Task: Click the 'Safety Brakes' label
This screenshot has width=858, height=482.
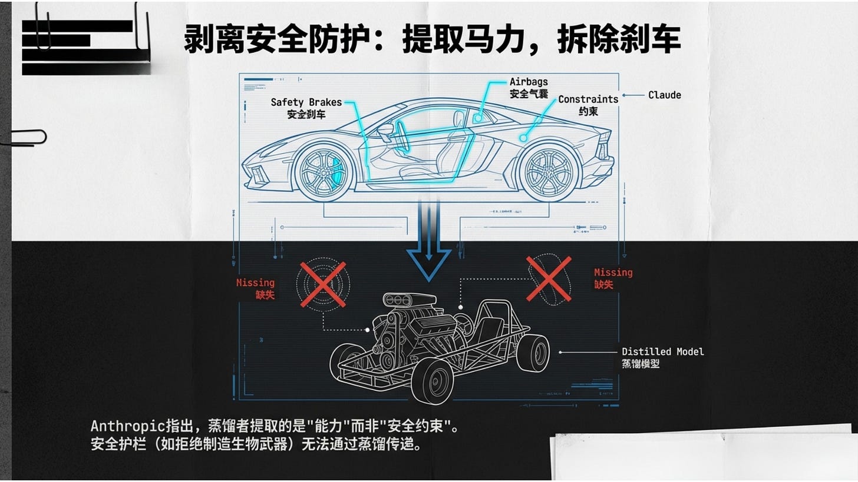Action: (x=306, y=102)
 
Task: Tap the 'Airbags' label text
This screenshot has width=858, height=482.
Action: (x=529, y=82)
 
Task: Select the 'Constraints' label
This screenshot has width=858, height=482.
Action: (x=588, y=99)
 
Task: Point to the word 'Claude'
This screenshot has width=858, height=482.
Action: (x=664, y=95)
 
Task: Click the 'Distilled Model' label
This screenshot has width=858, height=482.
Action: (x=662, y=351)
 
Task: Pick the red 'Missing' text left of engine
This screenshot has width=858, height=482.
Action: (x=255, y=282)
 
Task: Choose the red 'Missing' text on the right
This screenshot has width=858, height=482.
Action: (x=613, y=272)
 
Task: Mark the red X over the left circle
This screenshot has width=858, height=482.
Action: (x=323, y=285)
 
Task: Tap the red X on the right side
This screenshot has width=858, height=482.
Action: (x=549, y=278)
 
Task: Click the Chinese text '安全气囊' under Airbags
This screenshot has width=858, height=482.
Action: (x=529, y=94)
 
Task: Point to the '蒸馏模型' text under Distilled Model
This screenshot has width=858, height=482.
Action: (x=641, y=364)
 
